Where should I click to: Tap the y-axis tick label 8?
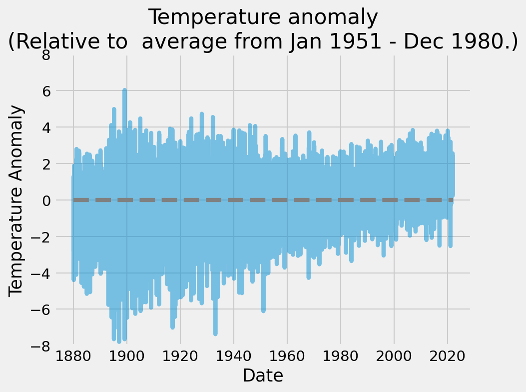[x=45, y=54]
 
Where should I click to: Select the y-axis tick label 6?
[x=45, y=91]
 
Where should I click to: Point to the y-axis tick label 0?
[x=45, y=200]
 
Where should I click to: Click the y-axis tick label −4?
[x=41, y=273]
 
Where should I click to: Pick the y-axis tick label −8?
[x=41, y=346]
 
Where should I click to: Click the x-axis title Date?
[x=263, y=375]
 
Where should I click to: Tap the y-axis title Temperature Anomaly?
[x=17, y=200]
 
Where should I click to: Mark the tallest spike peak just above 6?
[x=124, y=90]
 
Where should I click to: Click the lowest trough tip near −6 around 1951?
[x=263, y=311]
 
